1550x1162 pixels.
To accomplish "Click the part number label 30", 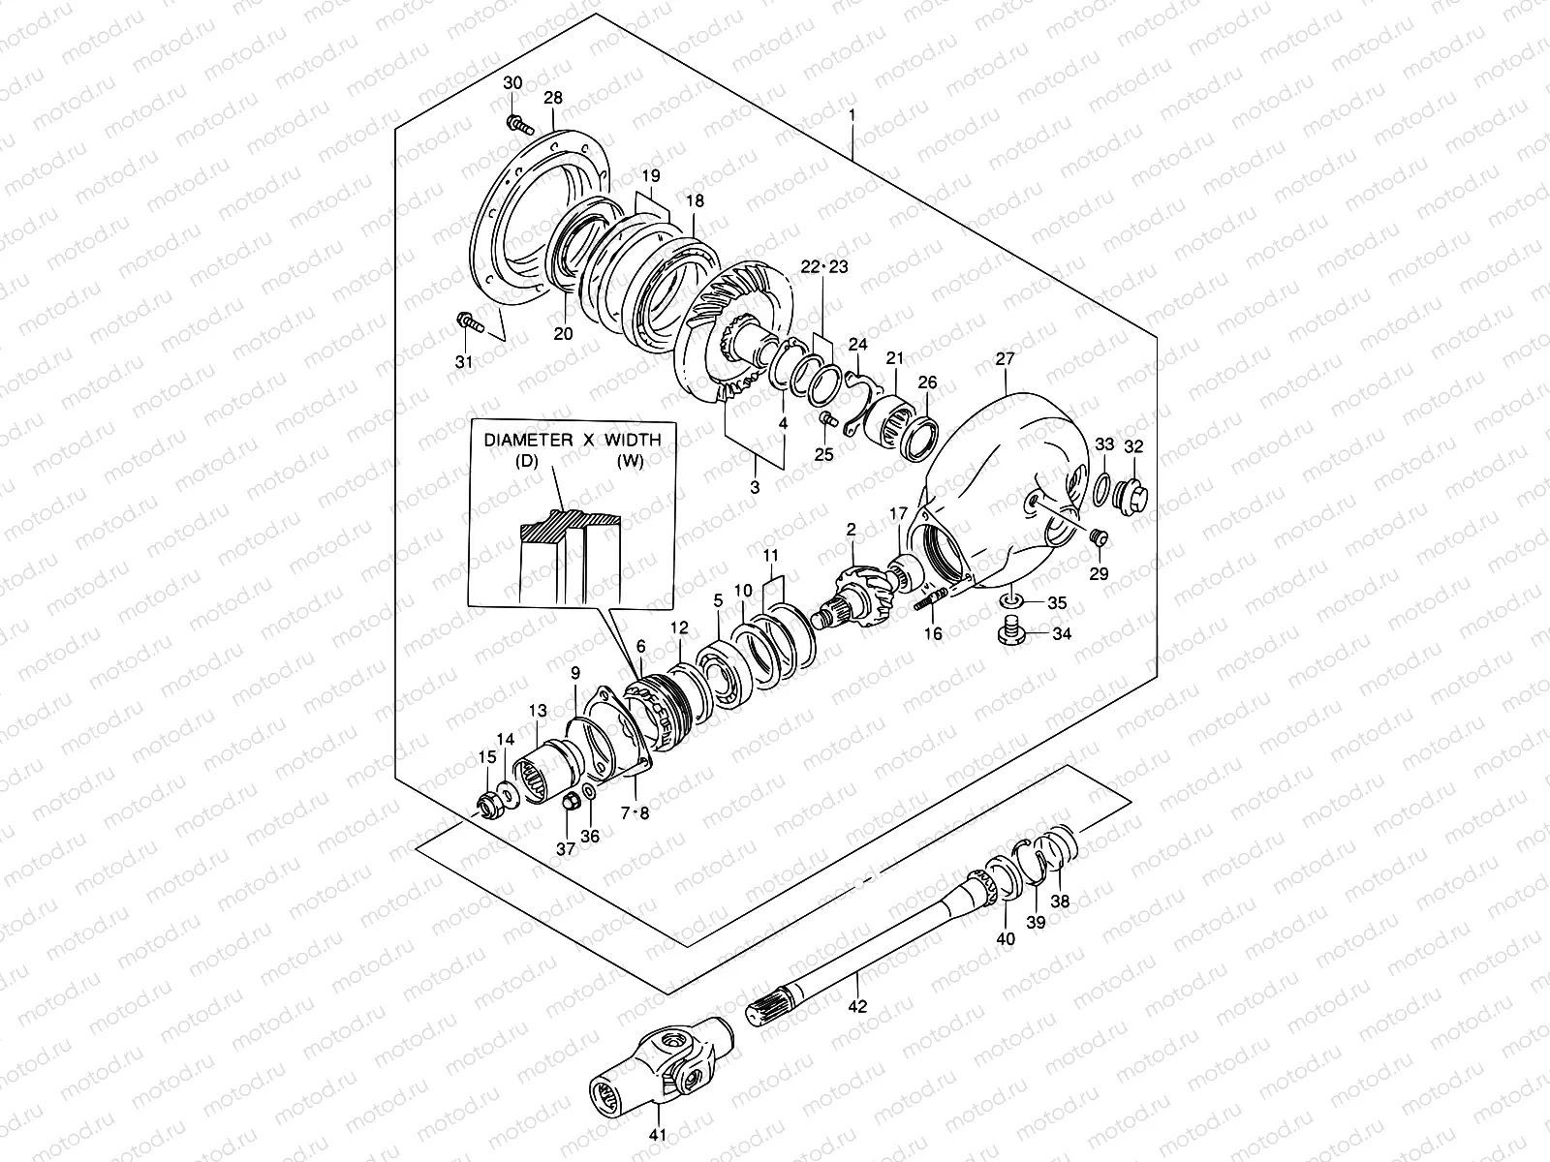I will pyautogui.click(x=512, y=83).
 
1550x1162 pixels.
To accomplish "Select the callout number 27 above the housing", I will pyautogui.click(x=1005, y=359).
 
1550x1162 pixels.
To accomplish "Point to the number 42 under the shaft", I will pyautogui.click(x=858, y=1006).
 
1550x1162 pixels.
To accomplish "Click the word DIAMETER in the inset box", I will pyautogui.click(x=526, y=440).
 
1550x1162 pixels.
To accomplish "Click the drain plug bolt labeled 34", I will pyautogui.click(x=1009, y=635).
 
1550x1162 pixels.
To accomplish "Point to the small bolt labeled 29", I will pyautogui.click(x=1098, y=537).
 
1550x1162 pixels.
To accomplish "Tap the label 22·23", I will pyautogui.click(x=824, y=267).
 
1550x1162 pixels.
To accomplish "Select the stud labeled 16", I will pyautogui.click(x=926, y=600).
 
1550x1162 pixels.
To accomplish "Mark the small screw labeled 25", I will pyautogui.click(x=826, y=419).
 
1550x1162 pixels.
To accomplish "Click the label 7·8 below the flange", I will pyautogui.click(x=635, y=813).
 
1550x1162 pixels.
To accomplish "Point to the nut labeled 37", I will pyautogui.click(x=572, y=802).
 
